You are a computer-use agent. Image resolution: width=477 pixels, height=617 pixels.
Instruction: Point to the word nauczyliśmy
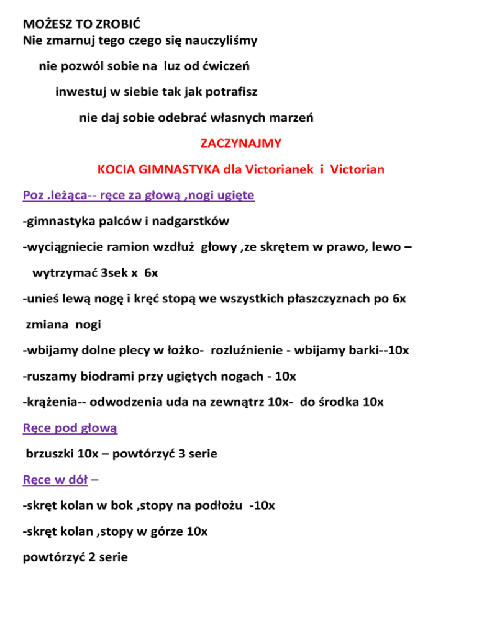[220, 42]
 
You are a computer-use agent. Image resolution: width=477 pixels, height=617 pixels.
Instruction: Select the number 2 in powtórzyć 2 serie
[84, 557]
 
